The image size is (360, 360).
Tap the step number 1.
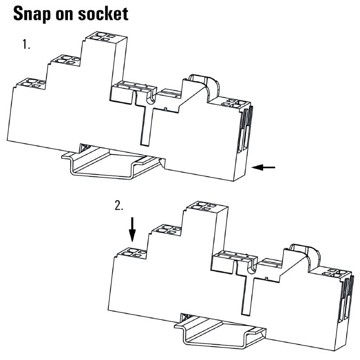click(x=26, y=45)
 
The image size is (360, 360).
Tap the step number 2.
click(x=119, y=207)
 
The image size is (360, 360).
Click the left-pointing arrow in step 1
click(x=264, y=167)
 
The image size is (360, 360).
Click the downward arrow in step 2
click(x=132, y=229)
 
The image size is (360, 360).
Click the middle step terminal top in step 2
click(x=166, y=231)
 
